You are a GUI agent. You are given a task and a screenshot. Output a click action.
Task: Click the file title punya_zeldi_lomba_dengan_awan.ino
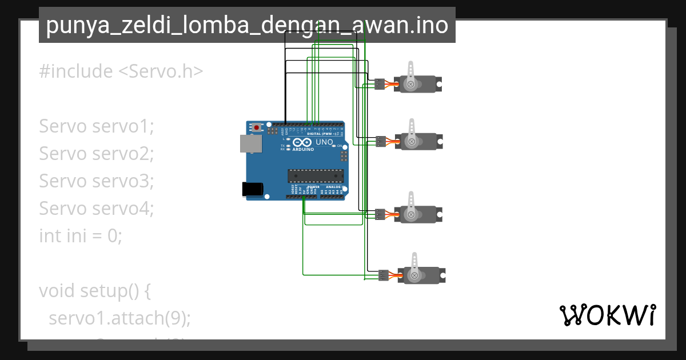pyautogui.click(x=247, y=26)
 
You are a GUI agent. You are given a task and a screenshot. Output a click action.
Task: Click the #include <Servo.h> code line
pyautogui.click(x=121, y=71)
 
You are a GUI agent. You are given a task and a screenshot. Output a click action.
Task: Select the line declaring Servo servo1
pyautogui.click(x=97, y=126)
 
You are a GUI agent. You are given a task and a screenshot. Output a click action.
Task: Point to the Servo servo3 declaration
pyautogui.click(x=97, y=181)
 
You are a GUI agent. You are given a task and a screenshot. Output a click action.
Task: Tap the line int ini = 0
pyautogui.click(x=81, y=235)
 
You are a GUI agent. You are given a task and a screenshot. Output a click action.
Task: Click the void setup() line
pyautogui.click(x=95, y=290)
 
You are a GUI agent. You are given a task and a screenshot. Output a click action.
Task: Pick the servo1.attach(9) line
pyautogui.click(x=119, y=318)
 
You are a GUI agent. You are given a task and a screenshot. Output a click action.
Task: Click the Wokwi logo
pyautogui.click(x=608, y=315)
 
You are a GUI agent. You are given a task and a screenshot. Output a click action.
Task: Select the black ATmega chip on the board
pyautogui.click(x=316, y=177)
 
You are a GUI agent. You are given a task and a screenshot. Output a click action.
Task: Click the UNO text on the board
pyautogui.click(x=324, y=142)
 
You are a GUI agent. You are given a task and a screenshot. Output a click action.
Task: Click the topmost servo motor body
pyautogui.click(x=420, y=85)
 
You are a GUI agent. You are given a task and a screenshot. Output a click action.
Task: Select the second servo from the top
pyautogui.click(x=421, y=142)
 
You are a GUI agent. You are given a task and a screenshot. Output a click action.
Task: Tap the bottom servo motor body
pyautogui.click(x=424, y=275)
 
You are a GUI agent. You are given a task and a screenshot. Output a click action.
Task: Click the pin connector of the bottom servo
pyautogui.click(x=384, y=275)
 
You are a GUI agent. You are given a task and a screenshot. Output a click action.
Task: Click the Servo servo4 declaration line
pyautogui.click(x=97, y=209)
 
